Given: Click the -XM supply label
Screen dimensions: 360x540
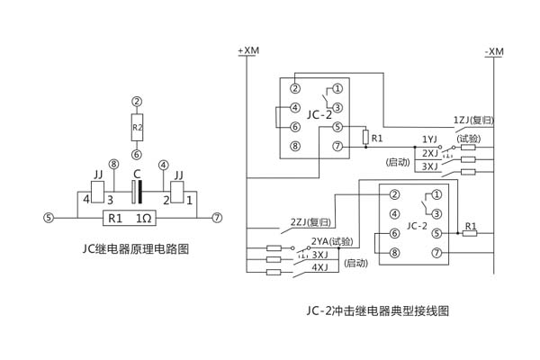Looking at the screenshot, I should tap(493, 51).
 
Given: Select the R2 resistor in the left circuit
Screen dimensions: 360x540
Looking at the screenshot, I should tap(137, 127).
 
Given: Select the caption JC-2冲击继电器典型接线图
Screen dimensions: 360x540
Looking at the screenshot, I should tap(376, 311).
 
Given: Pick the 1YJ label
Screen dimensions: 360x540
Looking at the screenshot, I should tap(429, 139).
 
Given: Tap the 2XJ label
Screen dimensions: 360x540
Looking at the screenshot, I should tap(429, 153).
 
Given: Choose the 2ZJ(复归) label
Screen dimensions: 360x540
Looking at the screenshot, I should tap(310, 220).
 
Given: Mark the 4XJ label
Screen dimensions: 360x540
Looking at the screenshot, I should tap(319, 266).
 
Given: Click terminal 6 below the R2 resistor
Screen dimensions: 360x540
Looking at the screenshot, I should tap(137, 153).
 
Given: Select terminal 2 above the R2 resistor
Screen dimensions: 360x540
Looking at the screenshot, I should tap(137, 102).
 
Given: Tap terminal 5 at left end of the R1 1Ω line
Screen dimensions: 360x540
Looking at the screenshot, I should tap(49, 217).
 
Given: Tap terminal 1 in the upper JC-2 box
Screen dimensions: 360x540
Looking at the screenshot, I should tap(337, 88).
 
